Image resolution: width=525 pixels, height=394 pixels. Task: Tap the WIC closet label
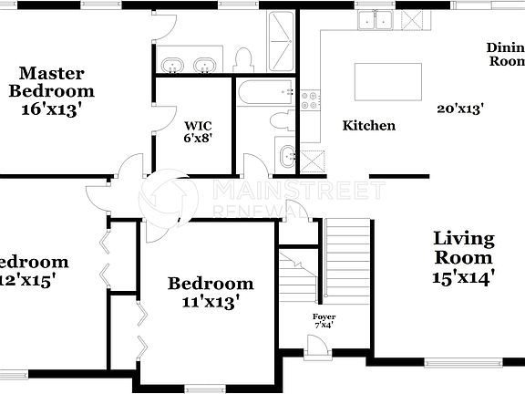point(198,126)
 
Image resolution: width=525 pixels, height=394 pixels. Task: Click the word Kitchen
point(368,126)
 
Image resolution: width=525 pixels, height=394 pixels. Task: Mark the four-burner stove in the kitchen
point(311,100)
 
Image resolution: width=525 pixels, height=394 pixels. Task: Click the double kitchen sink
point(375,20)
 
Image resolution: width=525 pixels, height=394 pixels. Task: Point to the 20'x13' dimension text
point(460,109)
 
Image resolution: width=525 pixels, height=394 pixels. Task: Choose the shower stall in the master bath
point(281,40)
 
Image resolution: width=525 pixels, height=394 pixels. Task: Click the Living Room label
point(463,249)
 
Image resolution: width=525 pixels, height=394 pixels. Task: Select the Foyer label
point(324,316)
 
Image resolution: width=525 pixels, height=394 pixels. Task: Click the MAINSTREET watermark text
point(297,190)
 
